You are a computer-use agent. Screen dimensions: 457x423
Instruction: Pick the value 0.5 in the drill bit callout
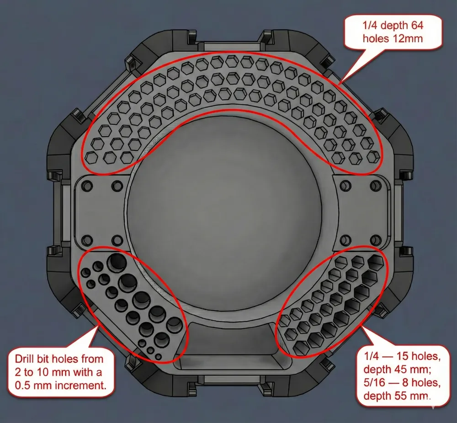(23, 386)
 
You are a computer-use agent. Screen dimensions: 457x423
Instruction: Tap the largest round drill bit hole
(117, 261)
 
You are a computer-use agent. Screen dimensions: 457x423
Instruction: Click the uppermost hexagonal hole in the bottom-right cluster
(376, 261)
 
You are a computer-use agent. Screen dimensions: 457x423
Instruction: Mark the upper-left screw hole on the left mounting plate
(87, 186)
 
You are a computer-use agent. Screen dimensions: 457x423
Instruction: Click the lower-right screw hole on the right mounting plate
(375, 240)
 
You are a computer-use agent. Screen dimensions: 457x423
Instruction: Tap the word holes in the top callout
(375, 38)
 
